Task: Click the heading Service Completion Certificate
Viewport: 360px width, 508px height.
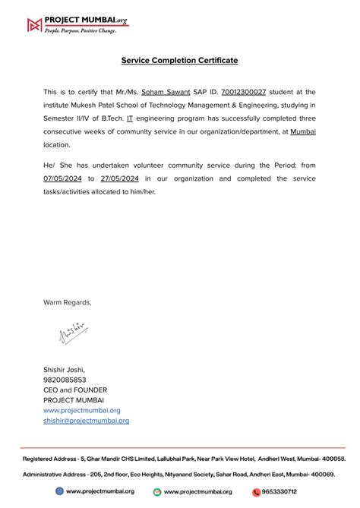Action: [179, 60]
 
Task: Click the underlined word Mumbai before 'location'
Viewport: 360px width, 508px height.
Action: [303, 131]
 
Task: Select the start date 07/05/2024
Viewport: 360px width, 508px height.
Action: [63, 178]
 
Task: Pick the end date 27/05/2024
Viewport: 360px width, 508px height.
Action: [118, 178]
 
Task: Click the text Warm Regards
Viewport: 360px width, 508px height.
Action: [67, 302]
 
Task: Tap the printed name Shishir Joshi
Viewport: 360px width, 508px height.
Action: [65, 370]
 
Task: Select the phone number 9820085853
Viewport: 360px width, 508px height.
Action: [65, 380]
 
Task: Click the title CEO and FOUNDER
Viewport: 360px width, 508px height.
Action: [75, 390]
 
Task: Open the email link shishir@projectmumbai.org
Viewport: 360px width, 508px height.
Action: [86, 420]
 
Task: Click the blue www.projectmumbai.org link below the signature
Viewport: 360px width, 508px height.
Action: [81, 410]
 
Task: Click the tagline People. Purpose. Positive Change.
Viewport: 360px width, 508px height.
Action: [80, 31]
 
